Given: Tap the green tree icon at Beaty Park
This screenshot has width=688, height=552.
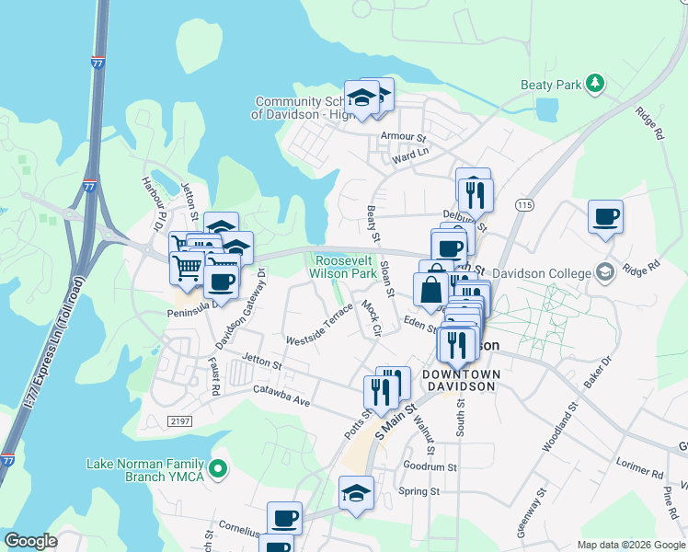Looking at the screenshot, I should [596, 85].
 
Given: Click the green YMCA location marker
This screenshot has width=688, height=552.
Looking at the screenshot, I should [219, 470].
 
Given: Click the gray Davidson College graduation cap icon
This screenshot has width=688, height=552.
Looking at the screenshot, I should [605, 272].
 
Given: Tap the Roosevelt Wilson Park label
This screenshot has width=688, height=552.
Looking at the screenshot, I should [344, 267].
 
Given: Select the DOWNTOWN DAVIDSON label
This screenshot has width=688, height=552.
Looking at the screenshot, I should [461, 380].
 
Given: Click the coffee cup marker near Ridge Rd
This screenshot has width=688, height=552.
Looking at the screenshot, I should [605, 218].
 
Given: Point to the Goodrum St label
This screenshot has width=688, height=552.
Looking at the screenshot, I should [430, 467].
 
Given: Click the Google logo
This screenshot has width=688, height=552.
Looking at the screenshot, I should [30, 541].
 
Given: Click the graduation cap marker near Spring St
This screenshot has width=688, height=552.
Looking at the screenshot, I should [356, 492].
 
